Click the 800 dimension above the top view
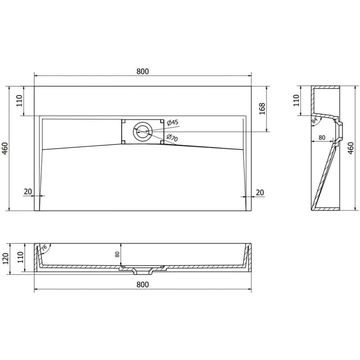pyautogui.click(x=143, y=72)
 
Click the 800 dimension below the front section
pyautogui.click(x=143, y=284)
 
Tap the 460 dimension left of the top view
pyautogui.click(x=5, y=148)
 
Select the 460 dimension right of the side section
pyautogui.click(x=351, y=148)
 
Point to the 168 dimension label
pyautogui.click(x=262, y=108)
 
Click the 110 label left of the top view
pyautogui.click(x=19, y=100)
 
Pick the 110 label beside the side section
pyautogui.click(x=297, y=100)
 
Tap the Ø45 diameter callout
pyautogui.click(x=173, y=122)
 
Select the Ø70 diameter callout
pyautogui.click(x=172, y=138)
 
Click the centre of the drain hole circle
pyautogui.click(x=143, y=132)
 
